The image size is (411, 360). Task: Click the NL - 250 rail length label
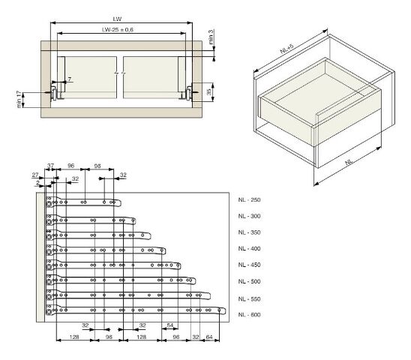pyautogui.click(x=249, y=199)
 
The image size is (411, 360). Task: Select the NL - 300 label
pyautogui.click(x=249, y=216)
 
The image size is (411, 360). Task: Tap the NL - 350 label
pyautogui.click(x=249, y=232)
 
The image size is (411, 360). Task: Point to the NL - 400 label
pyautogui.click(x=249, y=248)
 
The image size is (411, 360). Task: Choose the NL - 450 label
pyautogui.click(x=249, y=265)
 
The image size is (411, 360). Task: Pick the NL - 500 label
pyautogui.click(x=249, y=281)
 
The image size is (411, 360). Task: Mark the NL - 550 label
pyautogui.click(x=249, y=299)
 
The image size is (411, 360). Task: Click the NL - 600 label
pyautogui.click(x=249, y=315)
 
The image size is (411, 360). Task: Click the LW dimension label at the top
pyautogui.click(x=117, y=19)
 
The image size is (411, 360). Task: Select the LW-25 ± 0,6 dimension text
pyautogui.click(x=118, y=30)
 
